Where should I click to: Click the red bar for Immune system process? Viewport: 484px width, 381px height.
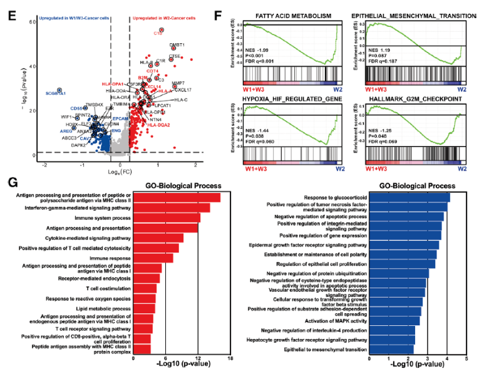point(166,217)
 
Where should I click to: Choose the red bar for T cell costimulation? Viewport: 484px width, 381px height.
point(145,288)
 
